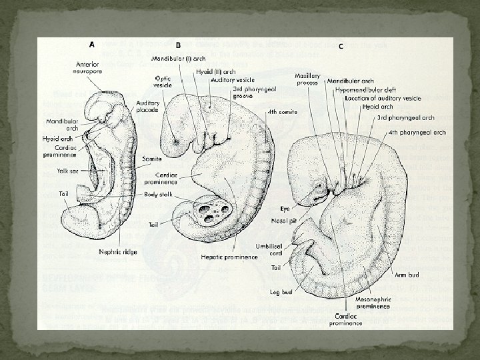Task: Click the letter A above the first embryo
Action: (x=93, y=44)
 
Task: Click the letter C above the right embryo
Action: (x=341, y=46)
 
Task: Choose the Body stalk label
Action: (x=160, y=195)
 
